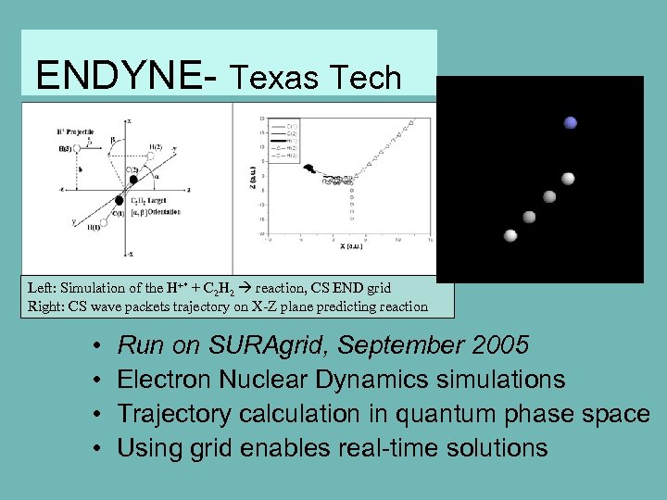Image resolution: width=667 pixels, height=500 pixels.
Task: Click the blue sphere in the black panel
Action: tap(571, 122)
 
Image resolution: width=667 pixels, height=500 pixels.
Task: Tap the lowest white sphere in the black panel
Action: tap(510, 235)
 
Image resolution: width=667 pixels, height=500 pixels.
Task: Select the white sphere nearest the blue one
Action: tap(568, 178)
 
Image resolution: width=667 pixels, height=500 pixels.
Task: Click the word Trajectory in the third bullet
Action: tap(174, 414)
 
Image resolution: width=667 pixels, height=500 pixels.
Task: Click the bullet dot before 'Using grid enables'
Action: tap(97, 449)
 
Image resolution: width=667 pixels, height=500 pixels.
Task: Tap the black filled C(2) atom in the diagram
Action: tap(133, 178)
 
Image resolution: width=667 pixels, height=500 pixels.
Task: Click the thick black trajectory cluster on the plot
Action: tap(310, 169)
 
